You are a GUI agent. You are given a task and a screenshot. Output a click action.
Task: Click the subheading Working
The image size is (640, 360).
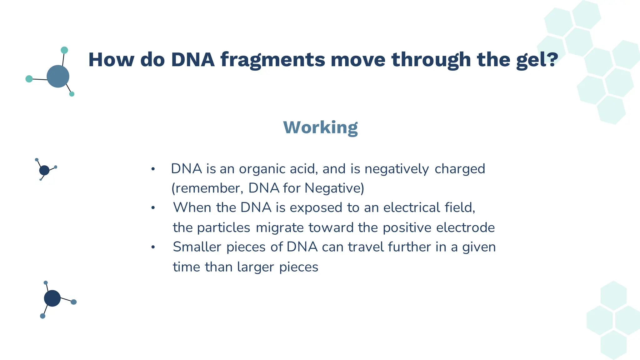tap(320, 127)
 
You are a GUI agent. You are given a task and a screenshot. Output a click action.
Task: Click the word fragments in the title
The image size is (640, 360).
tap(272, 60)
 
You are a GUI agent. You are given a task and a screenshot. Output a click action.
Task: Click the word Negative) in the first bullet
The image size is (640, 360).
tap(334, 188)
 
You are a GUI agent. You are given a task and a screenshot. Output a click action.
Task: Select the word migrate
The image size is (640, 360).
tap(279, 227)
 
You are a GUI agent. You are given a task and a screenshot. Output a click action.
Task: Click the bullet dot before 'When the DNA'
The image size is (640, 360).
tap(153, 208)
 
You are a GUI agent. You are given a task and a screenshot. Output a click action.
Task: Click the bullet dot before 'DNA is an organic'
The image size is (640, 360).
tap(153, 169)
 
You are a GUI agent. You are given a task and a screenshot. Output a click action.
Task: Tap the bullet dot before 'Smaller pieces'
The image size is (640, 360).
tap(153, 247)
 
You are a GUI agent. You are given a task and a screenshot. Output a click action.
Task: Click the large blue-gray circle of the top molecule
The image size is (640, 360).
tap(58, 76)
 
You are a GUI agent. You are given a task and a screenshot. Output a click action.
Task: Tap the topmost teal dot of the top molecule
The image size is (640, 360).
tap(64, 50)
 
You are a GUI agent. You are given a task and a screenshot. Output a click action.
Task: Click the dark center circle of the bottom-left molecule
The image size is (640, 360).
tap(52, 298)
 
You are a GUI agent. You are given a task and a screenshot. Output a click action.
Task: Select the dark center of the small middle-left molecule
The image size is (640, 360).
tap(44, 170)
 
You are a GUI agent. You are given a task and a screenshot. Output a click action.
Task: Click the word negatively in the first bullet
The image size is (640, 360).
tap(397, 169)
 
